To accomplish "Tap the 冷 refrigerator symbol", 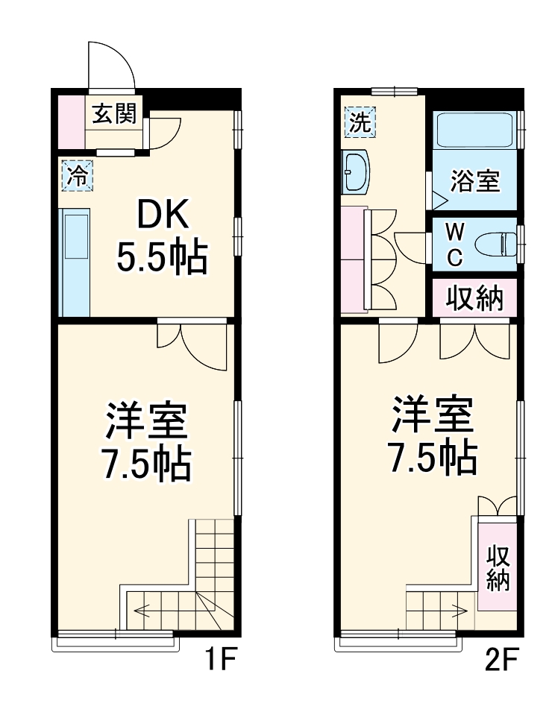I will tap(76, 177).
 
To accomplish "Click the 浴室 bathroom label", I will tap(475, 181).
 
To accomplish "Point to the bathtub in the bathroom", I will tap(475, 130).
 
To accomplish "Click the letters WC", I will tap(455, 245).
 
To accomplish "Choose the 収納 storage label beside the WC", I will tap(475, 298).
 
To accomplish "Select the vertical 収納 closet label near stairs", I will tap(498, 567).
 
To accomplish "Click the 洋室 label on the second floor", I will tap(433, 417).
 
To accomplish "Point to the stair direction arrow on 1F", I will tap(149, 610).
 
